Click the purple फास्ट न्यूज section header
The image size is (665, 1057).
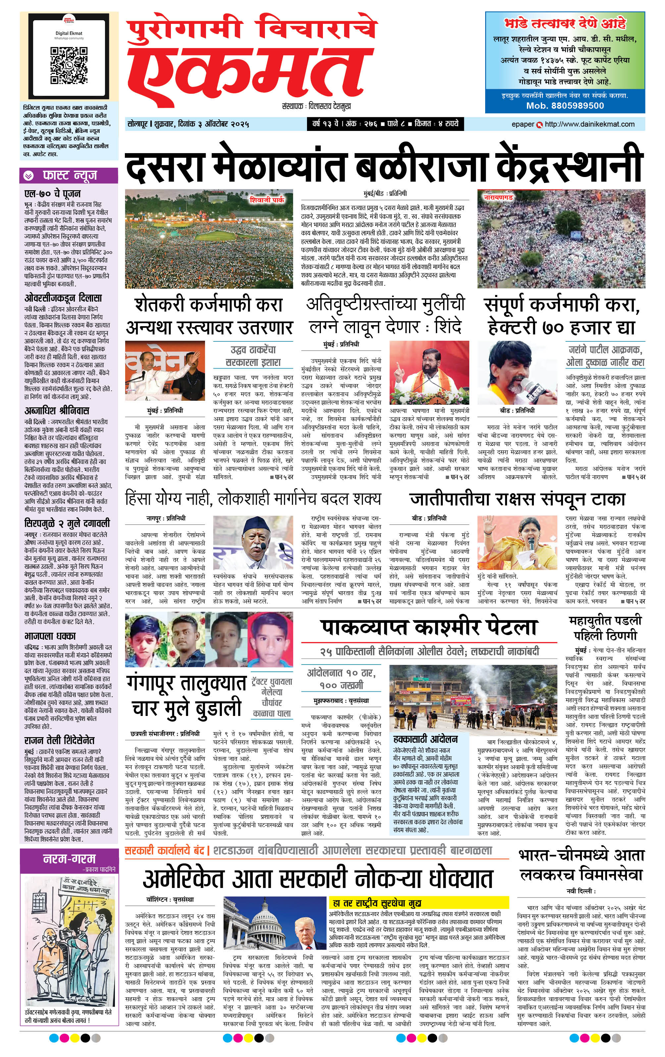pos(69,176)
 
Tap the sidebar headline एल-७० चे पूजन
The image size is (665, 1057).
pos(52,194)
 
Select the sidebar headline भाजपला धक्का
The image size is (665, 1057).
pos(50,636)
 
